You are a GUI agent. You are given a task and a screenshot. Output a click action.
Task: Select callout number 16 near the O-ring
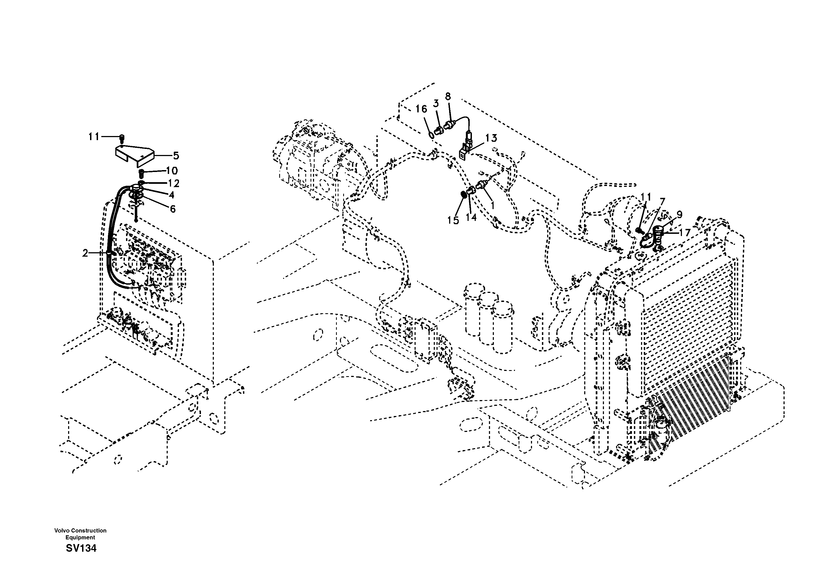tap(421, 109)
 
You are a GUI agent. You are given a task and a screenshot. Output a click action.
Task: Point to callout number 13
tap(491, 138)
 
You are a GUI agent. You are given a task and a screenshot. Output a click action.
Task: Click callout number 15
tap(453, 220)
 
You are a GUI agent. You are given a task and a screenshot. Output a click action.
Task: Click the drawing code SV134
tap(81, 548)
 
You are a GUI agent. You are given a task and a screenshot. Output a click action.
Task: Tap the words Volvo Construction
tap(80, 530)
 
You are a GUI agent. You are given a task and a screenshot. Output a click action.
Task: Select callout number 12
tap(174, 184)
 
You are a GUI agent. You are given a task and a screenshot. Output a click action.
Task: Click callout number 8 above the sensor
tap(448, 96)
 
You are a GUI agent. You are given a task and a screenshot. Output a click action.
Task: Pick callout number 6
tap(173, 209)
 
